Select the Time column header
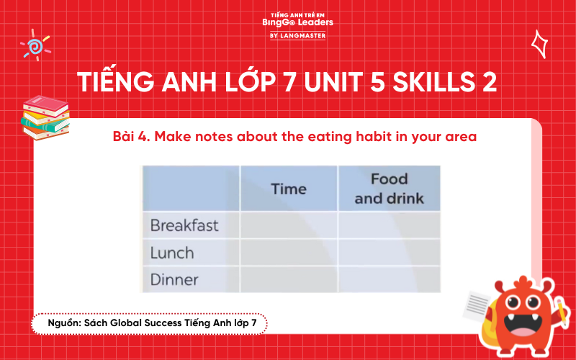click(289, 189)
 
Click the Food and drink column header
click(389, 188)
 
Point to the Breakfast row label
click(184, 225)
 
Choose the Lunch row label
click(172, 253)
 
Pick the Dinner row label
click(174, 279)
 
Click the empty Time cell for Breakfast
click(289, 225)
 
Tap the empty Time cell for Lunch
click(289, 253)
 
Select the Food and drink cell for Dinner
click(389, 279)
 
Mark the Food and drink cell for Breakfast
click(389, 225)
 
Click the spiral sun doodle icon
click(34, 45)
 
